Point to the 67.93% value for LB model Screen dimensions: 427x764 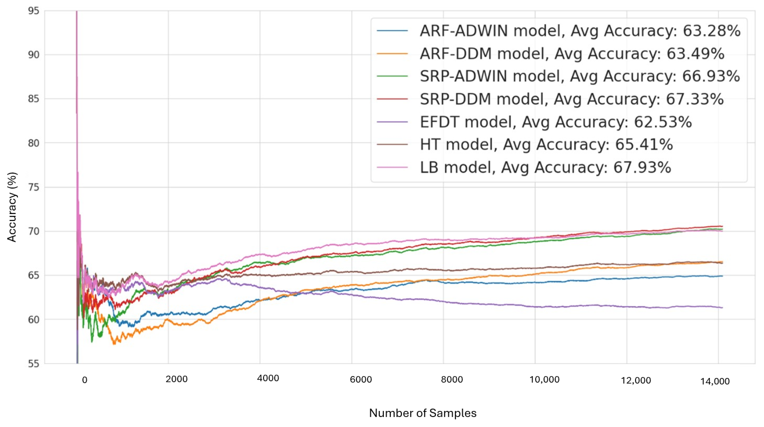[642, 168]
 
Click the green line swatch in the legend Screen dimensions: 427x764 [392, 76]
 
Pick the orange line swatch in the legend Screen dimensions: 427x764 [392, 54]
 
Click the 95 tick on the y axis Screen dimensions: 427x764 [33, 11]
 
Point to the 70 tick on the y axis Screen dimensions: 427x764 [33, 231]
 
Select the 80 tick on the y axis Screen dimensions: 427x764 [33, 143]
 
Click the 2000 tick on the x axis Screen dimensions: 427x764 [176, 379]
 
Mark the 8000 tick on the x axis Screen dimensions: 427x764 [452, 380]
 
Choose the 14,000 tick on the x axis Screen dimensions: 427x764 [715, 381]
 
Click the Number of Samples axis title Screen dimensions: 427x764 [423, 413]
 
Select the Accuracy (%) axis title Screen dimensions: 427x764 [12, 207]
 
